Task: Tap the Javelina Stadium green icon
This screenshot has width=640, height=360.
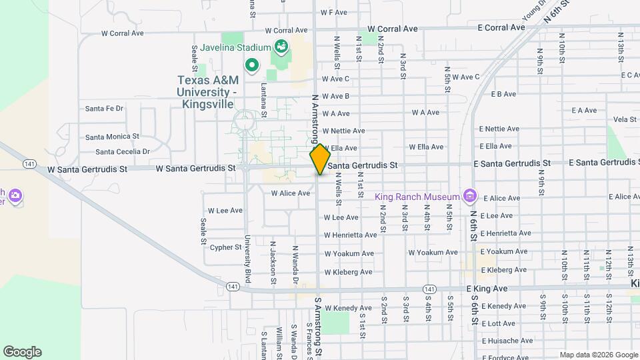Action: tap(281, 47)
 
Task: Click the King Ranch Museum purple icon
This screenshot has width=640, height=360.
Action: tap(471, 196)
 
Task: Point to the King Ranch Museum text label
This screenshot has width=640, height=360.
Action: tap(417, 197)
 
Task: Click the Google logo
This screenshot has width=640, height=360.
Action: tap(22, 352)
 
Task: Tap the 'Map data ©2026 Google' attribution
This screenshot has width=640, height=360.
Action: tap(598, 355)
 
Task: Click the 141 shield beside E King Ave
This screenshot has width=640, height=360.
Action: tap(430, 289)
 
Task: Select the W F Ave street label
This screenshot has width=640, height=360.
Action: tap(333, 13)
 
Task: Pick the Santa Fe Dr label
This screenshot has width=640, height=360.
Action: tap(105, 108)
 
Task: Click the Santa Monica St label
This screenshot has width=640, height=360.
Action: tap(112, 137)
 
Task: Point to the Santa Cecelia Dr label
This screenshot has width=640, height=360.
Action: tap(117, 151)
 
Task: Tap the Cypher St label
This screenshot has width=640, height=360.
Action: tap(225, 247)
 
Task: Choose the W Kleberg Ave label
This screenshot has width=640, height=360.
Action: tap(348, 272)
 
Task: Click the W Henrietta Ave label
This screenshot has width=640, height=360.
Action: tap(351, 235)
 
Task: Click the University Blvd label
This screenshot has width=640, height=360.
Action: tap(247, 259)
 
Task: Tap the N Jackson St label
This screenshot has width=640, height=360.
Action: tap(273, 263)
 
